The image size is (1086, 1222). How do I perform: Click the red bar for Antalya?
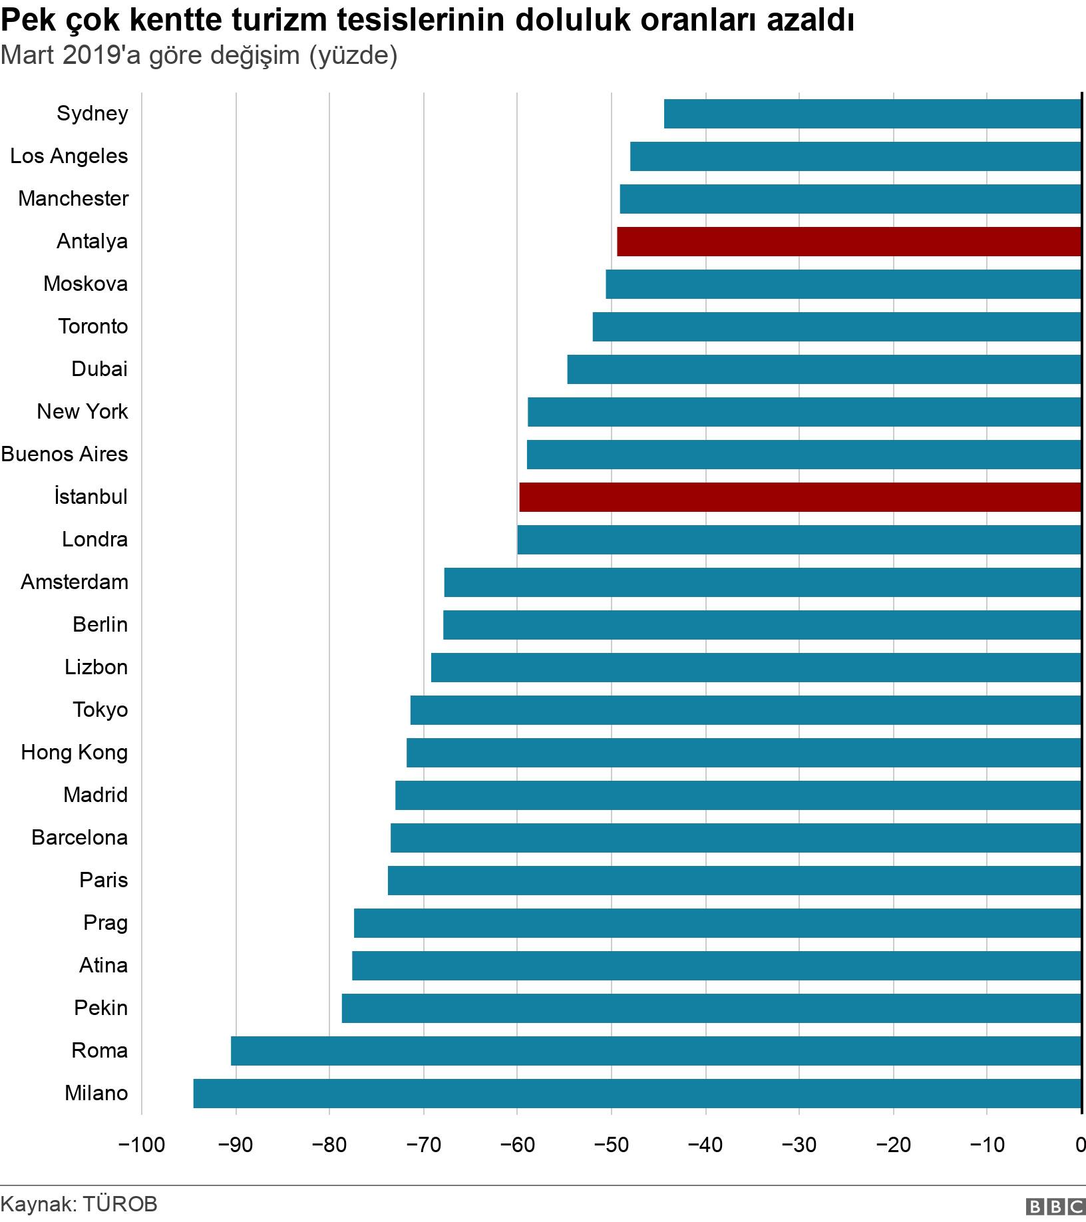pos(849,242)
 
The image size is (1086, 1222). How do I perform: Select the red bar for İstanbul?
pos(800,497)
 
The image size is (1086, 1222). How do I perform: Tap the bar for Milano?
pos(637,1094)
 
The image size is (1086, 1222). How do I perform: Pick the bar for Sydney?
pos(872,114)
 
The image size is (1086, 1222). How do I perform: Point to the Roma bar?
pos(655,1051)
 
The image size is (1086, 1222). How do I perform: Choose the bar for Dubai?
pos(824,369)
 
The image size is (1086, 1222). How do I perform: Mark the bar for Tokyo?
pos(745,710)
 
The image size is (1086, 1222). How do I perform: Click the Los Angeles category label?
pos(69,156)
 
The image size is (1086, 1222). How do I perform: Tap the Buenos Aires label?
pos(65,455)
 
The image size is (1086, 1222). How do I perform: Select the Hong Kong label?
pos(75,753)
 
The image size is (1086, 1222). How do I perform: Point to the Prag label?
pos(105,923)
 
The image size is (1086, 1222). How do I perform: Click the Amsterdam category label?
pos(75,582)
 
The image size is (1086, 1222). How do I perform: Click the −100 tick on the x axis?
pos(141,1145)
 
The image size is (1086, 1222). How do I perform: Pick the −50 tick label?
pos(611,1145)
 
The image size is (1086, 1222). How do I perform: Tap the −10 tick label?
pos(986,1145)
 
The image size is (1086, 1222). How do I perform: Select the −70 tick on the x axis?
pos(423,1145)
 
